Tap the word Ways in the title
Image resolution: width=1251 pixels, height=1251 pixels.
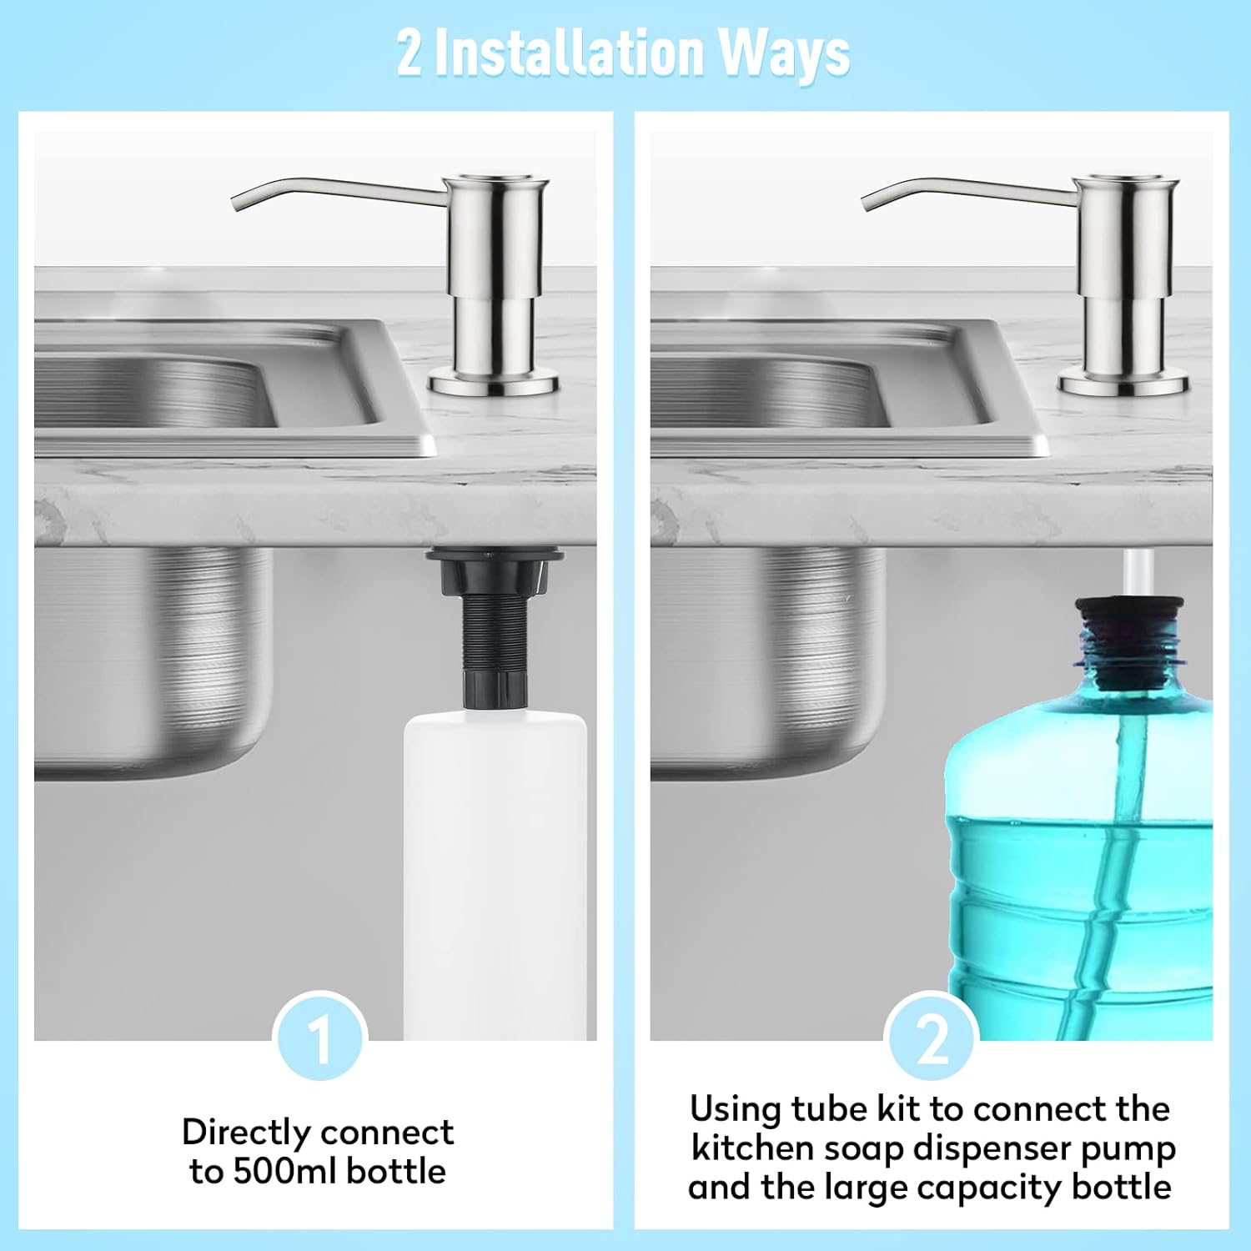[784, 54]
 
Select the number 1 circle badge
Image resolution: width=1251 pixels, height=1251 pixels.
[320, 1037]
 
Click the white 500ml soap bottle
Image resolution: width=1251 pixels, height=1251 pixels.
[495, 876]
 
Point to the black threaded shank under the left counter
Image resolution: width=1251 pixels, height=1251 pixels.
[496, 634]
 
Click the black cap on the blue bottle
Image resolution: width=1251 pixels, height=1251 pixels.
[1128, 642]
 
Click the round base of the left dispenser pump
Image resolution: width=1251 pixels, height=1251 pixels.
[493, 384]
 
